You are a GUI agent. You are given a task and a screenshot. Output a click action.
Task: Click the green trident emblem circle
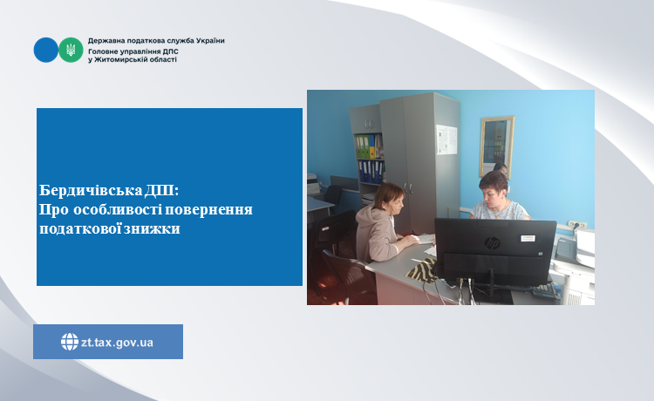click(x=71, y=50)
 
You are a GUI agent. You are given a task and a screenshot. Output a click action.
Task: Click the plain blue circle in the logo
click(x=46, y=50)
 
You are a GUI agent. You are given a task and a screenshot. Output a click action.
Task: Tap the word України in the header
click(x=210, y=41)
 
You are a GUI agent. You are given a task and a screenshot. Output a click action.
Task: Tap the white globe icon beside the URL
click(x=69, y=342)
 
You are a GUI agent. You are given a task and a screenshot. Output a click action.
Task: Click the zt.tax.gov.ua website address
click(x=117, y=343)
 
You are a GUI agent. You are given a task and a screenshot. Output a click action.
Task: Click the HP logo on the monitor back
click(x=492, y=243)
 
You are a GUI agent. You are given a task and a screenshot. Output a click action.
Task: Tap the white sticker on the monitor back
click(x=528, y=239)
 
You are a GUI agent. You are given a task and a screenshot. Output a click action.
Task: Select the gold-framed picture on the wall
click(x=497, y=146)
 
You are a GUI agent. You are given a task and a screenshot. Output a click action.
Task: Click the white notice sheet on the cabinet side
click(x=446, y=139)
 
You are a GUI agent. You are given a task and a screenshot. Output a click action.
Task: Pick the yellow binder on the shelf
click(x=371, y=146)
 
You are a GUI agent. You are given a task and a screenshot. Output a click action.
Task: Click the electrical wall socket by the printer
click(x=577, y=225)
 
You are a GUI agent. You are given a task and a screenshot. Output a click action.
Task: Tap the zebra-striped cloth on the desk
click(x=422, y=270)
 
